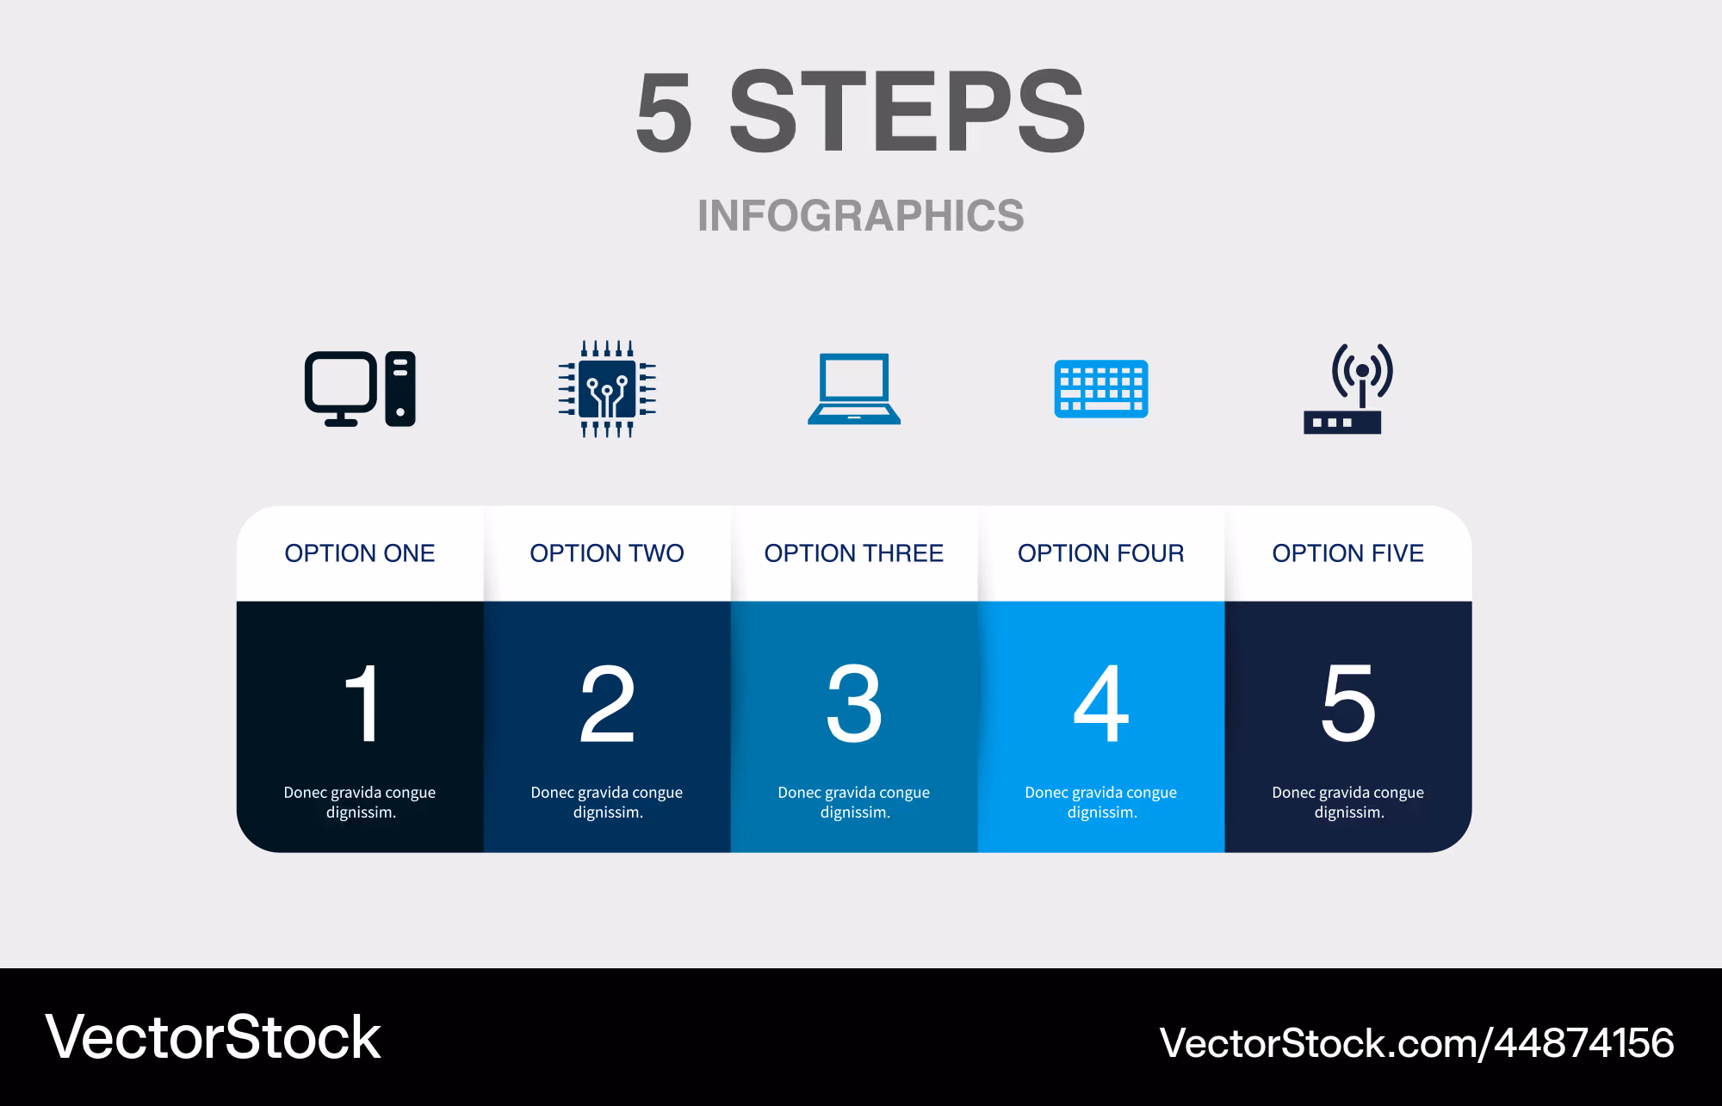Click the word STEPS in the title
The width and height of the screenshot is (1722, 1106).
pyautogui.click(x=907, y=112)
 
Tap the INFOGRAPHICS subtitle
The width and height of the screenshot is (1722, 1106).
pyautogui.click(x=861, y=215)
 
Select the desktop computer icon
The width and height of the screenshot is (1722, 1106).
pyautogui.click(x=360, y=388)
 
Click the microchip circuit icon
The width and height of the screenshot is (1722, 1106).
pyautogui.click(x=607, y=388)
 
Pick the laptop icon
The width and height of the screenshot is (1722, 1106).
pyautogui.click(x=854, y=388)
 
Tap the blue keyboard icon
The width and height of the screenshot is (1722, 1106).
pyautogui.click(x=1101, y=389)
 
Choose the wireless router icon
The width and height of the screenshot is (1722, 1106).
pyautogui.click(x=1348, y=388)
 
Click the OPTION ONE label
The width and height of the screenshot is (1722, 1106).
pyautogui.click(x=360, y=553)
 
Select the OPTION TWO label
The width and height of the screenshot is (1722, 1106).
pyautogui.click(x=607, y=553)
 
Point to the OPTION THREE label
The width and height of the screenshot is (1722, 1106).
pyautogui.click(x=854, y=553)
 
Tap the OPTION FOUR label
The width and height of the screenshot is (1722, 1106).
pyautogui.click(x=1101, y=553)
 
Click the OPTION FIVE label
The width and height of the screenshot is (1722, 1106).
pyautogui.click(x=1348, y=553)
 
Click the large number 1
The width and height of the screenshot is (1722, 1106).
pyautogui.click(x=363, y=702)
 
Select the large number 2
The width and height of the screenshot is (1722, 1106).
pyautogui.click(x=607, y=702)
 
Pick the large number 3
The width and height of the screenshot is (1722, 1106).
pyautogui.click(x=854, y=702)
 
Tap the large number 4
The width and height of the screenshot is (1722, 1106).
pyautogui.click(x=1101, y=702)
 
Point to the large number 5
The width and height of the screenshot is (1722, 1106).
pyautogui.click(x=1348, y=702)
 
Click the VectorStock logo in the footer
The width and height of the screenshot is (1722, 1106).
pyautogui.click(x=213, y=1037)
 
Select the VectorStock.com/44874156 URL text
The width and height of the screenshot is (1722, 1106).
pyautogui.click(x=1416, y=1043)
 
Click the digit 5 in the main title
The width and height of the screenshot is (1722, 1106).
pyautogui.click(x=664, y=112)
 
